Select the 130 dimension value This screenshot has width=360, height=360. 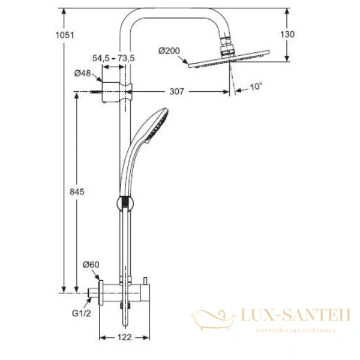click(287, 35)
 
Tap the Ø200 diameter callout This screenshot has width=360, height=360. click(169, 50)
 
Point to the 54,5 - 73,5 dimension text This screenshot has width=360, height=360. click(113, 58)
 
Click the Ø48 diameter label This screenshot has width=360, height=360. click(82, 73)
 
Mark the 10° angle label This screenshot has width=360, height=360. click(256, 86)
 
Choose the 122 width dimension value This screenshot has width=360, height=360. click(124, 338)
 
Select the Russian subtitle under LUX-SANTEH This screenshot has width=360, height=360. click(295, 331)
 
